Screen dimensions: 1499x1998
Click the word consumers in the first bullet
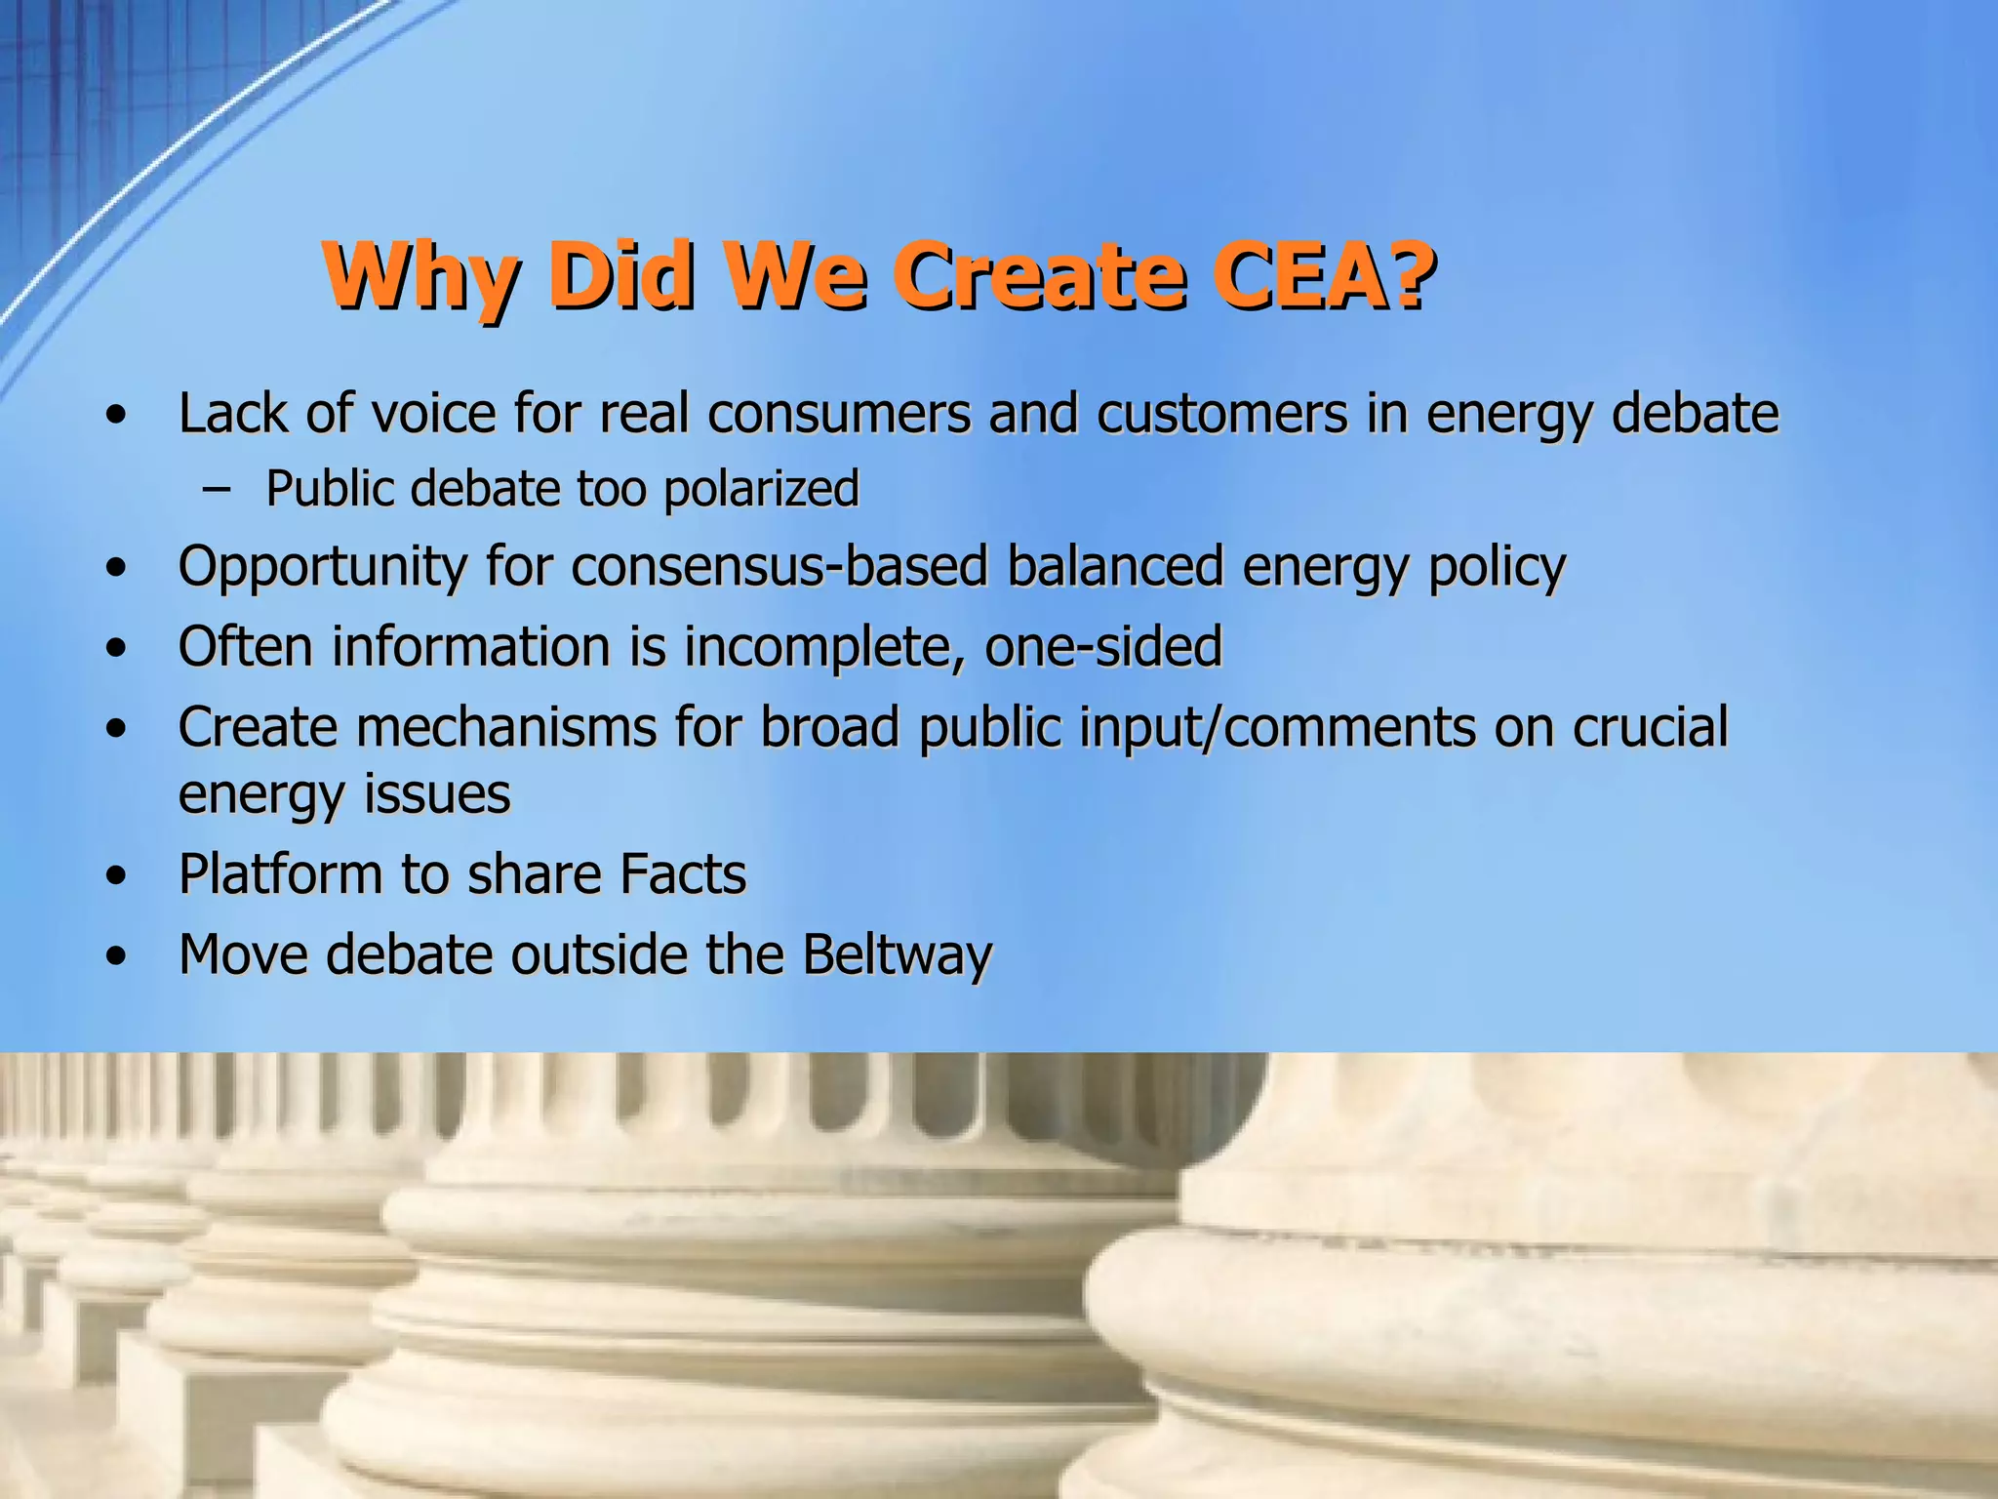839,413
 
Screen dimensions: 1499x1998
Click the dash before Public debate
216,489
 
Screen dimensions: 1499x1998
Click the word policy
1497,567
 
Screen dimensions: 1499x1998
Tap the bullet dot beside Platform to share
117,875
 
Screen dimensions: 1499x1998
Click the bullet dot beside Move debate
117,956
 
